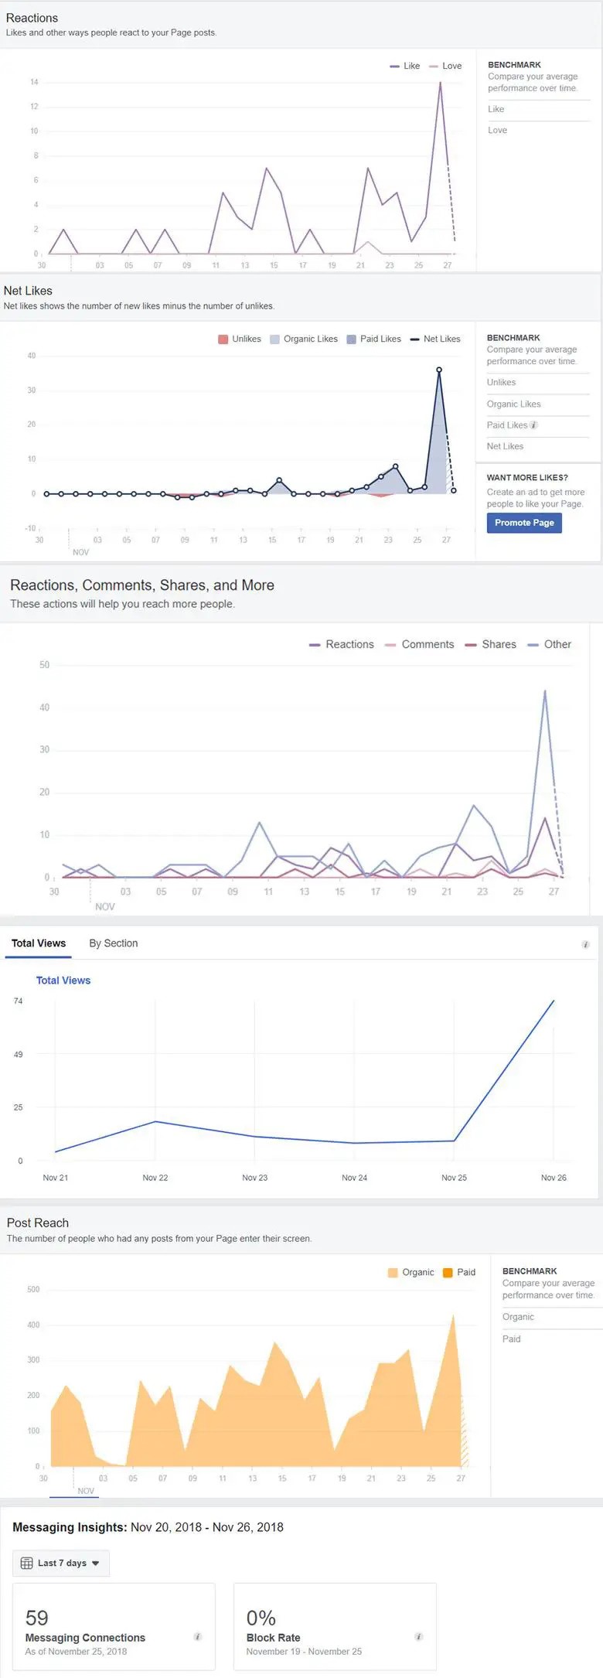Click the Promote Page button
point(524,523)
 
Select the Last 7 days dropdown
point(61,1563)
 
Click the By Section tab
point(113,943)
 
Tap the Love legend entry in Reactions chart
point(446,67)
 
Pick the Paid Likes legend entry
point(374,339)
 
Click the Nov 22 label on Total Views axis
point(155,1178)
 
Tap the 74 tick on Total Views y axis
point(19,1001)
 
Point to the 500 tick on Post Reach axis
point(33,1289)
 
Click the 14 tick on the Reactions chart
point(34,82)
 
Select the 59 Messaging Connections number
point(37,1618)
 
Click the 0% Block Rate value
point(261,1618)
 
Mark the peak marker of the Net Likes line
point(439,370)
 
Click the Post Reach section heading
point(38,1223)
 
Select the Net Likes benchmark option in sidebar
point(505,446)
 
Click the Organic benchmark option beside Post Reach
point(518,1317)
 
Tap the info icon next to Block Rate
point(418,1637)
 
